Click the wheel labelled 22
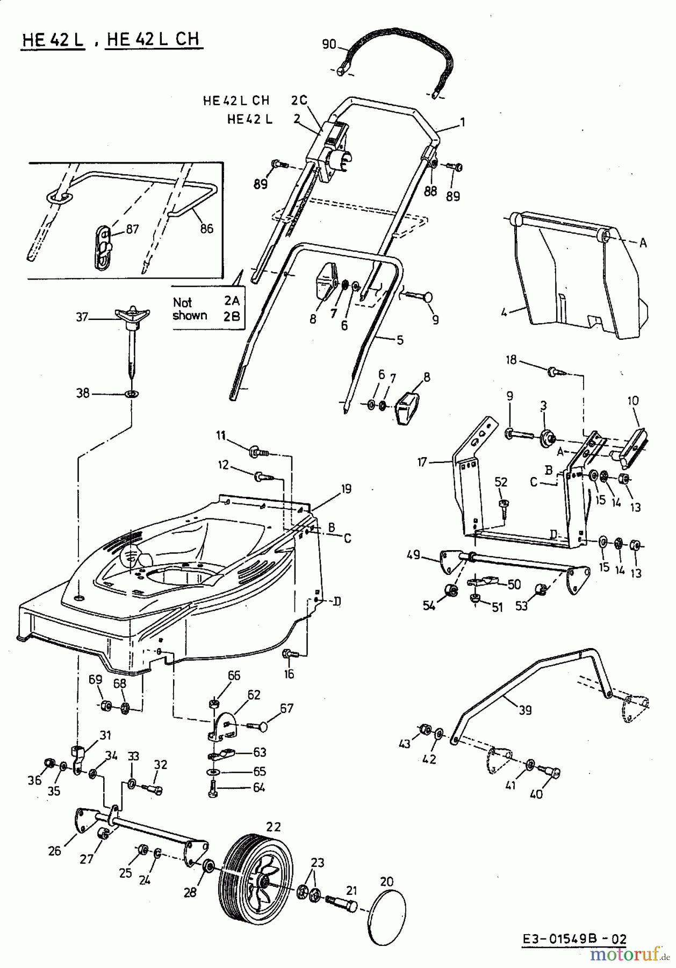click(257, 877)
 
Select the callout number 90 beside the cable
click(329, 44)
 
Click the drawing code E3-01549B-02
click(574, 939)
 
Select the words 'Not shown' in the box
click(190, 309)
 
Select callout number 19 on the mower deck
click(346, 488)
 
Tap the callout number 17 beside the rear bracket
click(422, 461)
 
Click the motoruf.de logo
click(630, 954)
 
